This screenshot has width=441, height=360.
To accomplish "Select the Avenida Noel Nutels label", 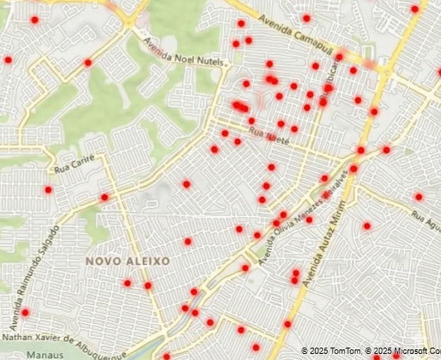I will click(186, 52).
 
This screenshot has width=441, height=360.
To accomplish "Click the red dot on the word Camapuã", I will click(306, 18).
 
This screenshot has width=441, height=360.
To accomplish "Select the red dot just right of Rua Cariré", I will click(104, 197).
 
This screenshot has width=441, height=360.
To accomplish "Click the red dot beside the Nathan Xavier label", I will click(25, 313).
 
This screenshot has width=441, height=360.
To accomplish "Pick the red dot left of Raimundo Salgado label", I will click(49, 190).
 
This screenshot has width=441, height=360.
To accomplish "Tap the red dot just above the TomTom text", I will click(288, 324).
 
